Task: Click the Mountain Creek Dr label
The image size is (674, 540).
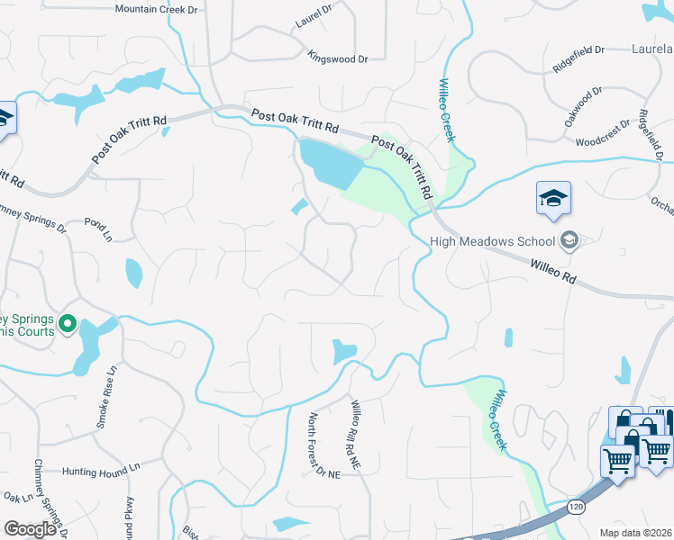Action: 156,9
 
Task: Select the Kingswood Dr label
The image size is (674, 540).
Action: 338,58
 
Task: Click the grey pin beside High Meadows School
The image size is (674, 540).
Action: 569,240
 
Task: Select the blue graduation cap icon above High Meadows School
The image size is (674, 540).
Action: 552,198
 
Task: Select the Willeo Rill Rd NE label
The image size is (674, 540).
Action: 354,434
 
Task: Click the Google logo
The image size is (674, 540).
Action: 30,529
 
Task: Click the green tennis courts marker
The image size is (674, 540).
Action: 67,321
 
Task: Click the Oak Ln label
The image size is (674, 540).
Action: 18,497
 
